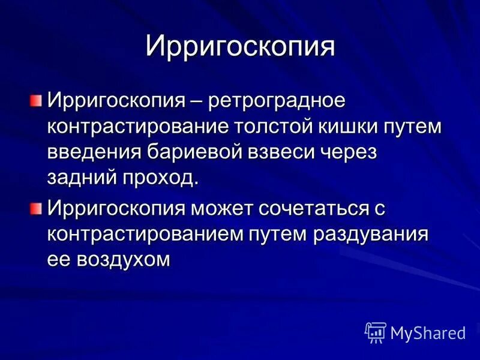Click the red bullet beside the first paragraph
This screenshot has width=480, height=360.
[x=37, y=98]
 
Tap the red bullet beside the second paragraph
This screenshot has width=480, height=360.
[x=37, y=208]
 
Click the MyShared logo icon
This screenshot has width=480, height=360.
[x=376, y=332]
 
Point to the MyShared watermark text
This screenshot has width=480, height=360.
[x=428, y=332]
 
